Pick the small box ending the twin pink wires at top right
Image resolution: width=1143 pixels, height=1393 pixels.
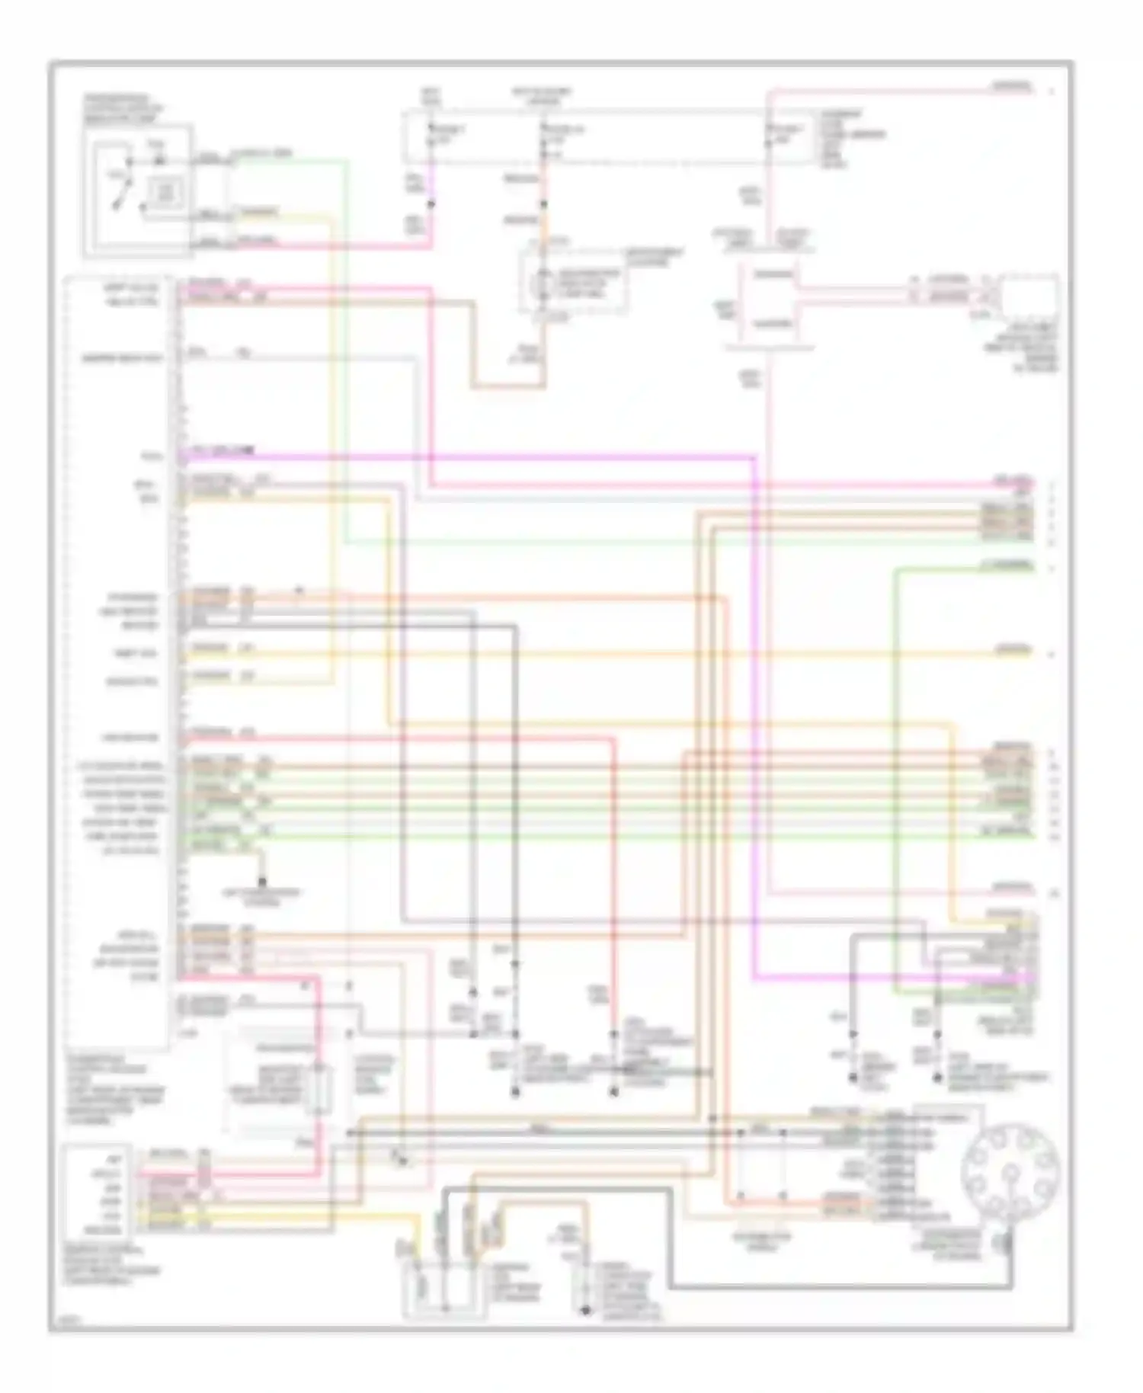[1029, 293]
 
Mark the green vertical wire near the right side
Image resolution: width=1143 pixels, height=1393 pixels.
[896, 762]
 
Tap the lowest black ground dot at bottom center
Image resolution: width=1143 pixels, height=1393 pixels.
[585, 1311]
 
